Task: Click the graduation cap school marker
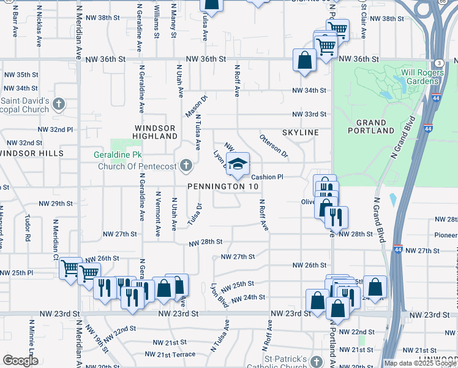click(238, 163)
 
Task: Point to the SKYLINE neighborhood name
click(301, 132)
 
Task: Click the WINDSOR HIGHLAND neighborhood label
click(155, 132)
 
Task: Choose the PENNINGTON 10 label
click(223, 186)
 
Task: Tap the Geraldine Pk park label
click(119, 155)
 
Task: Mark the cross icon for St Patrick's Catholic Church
click(316, 362)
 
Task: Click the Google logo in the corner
click(20, 361)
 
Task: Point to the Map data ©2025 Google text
click(420, 363)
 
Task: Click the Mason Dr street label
click(197, 105)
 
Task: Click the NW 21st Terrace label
click(170, 354)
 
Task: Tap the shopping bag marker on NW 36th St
click(305, 61)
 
